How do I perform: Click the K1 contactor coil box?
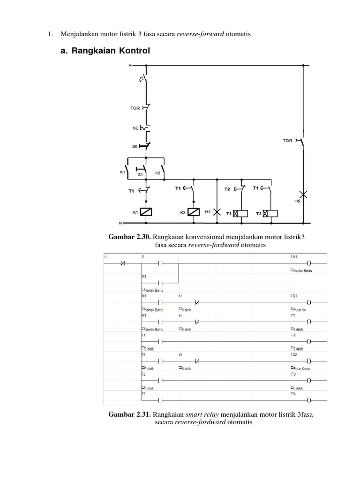(x=147, y=212)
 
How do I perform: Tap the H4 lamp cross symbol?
(x=217, y=211)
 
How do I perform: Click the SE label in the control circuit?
(x=135, y=127)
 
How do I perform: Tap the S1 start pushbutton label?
(x=140, y=174)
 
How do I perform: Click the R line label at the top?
(x=130, y=65)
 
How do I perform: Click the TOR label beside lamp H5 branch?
(x=287, y=140)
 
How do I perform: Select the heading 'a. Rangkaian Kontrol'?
(x=105, y=51)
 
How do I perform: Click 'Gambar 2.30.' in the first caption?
(x=128, y=237)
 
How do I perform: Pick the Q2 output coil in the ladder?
(x=309, y=361)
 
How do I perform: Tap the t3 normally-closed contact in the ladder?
(x=197, y=361)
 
